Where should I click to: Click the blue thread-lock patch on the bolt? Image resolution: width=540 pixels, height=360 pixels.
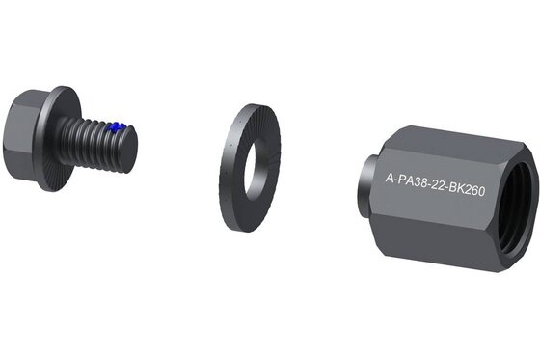pyautogui.click(x=115, y=126)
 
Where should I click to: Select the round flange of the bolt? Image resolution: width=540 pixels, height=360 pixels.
pyautogui.click(x=57, y=138)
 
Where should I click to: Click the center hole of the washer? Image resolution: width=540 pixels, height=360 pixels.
pyautogui.click(x=255, y=167)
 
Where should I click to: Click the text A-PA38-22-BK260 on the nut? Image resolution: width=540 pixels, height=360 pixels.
pyautogui.click(x=435, y=184)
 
